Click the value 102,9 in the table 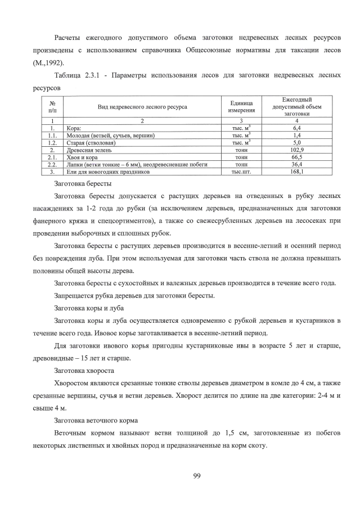pyautogui.click(x=296, y=150)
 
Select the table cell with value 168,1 pyautogui.click(x=296, y=172)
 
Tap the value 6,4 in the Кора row pyautogui.click(x=296, y=128)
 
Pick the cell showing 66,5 pyautogui.click(x=296, y=157)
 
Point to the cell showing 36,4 pyautogui.click(x=296, y=165)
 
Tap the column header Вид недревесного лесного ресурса pyautogui.click(x=142, y=106)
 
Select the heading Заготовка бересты pyautogui.click(x=83, y=184)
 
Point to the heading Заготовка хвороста pyautogui.click(x=84, y=371)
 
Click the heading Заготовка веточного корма pyautogui.click(x=95, y=421)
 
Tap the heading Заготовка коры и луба pyautogui.click(x=89, y=308)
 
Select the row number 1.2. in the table pyautogui.click(x=52, y=143)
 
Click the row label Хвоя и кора pyautogui.click(x=76, y=157)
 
